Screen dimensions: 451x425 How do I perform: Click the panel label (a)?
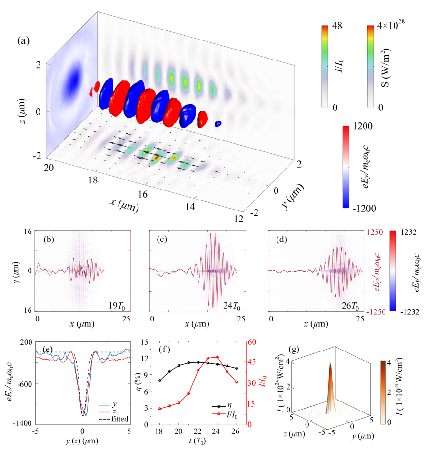click(23, 41)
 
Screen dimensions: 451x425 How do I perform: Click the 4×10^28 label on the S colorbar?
click(392, 27)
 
